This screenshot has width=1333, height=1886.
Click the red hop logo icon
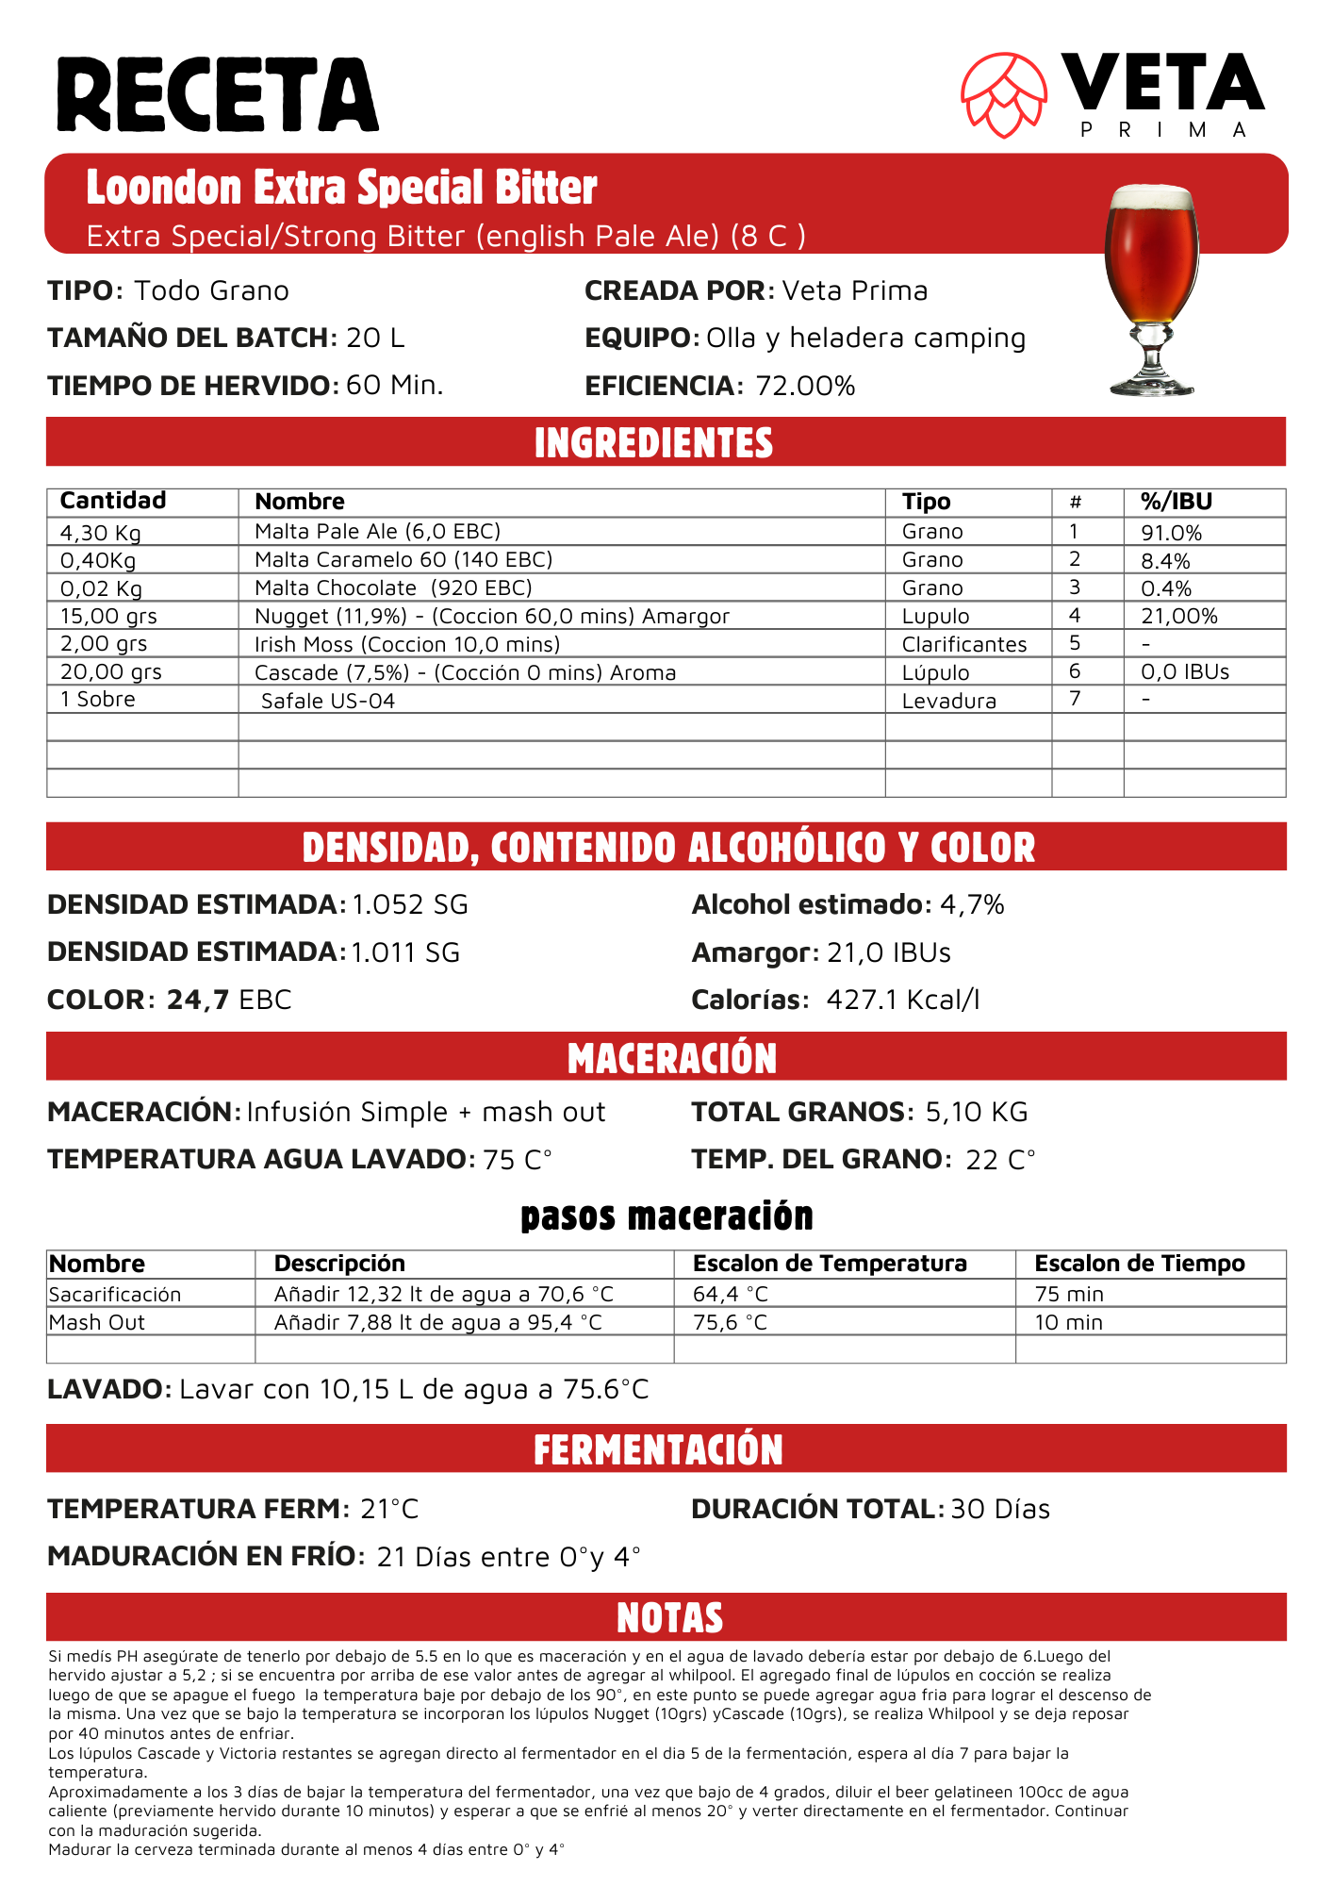pyautogui.click(x=1004, y=94)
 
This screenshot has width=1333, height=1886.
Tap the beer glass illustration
pyautogui.click(x=1151, y=288)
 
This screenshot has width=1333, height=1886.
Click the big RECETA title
pyautogui.click(x=218, y=95)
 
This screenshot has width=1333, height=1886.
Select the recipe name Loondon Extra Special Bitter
pyautogui.click(x=341, y=187)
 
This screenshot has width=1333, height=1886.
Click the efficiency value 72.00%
pyautogui.click(x=805, y=386)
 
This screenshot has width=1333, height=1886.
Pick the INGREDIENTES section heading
pyautogui.click(x=654, y=442)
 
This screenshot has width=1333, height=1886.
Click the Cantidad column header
pyautogui.click(x=113, y=501)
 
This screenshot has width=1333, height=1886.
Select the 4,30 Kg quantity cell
pyautogui.click(x=101, y=533)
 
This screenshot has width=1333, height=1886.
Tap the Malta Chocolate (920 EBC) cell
pyautogui.click(x=393, y=588)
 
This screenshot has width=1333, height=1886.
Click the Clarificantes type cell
pyautogui.click(x=964, y=644)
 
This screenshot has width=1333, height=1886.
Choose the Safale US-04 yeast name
pyautogui.click(x=327, y=701)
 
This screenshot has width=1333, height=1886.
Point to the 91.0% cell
pyautogui.click(x=1172, y=533)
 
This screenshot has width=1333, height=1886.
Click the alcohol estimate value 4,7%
pyautogui.click(x=972, y=904)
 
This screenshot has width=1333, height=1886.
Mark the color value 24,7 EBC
pyautogui.click(x=229, y=1000)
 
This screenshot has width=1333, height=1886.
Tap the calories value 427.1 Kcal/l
pyautogui.click(x=902, y=1000)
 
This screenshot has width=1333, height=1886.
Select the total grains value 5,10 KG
pyautogui.click(x=976, y=1112)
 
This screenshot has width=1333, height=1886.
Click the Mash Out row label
pyautogui.click(x=97, y=1322)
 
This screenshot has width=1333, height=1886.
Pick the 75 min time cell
pyautogui.click(x=1069, y=1294)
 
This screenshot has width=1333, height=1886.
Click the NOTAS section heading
pyautogui.click(x=669, y=1617)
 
